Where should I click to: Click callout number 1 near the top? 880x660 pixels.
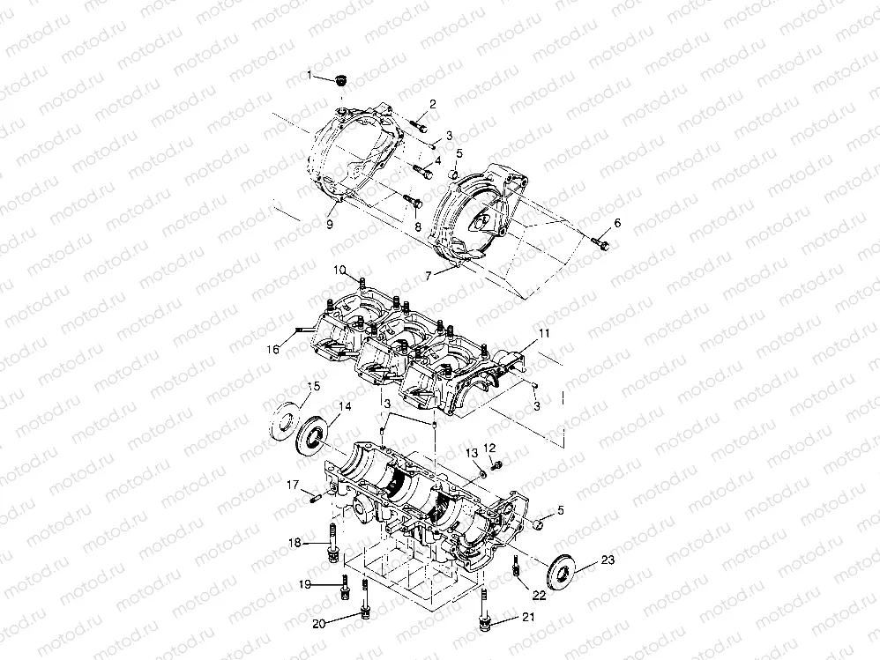tap(309, 75)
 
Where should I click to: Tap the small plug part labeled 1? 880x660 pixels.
tap(338, 80)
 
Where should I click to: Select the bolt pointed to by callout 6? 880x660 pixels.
tap(601, 241)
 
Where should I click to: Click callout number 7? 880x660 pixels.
tap(429, 276)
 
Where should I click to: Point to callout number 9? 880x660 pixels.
tap(330, 225)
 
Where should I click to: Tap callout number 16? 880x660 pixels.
tap(272, 349)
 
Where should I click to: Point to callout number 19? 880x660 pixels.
tap(305, 584)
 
